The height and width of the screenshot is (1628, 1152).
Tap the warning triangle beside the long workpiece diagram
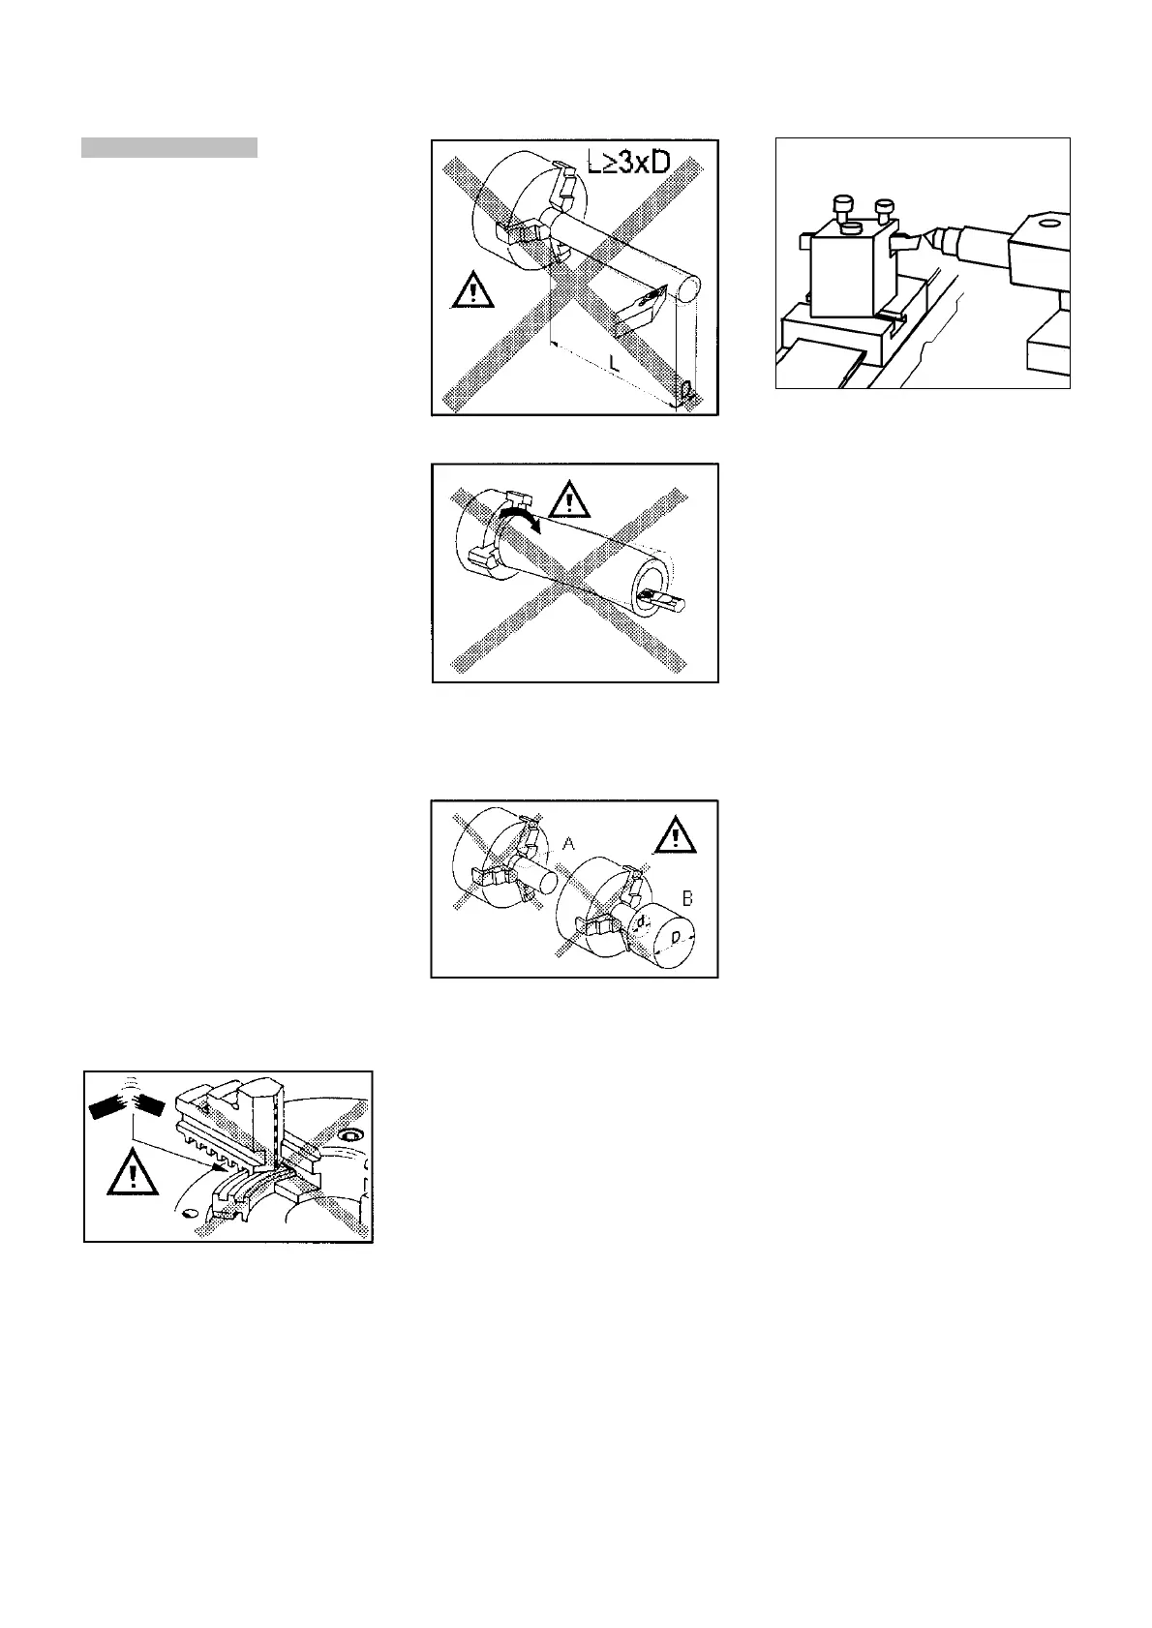472,289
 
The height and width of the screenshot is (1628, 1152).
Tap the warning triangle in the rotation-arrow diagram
570,501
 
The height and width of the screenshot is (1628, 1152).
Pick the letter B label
686,898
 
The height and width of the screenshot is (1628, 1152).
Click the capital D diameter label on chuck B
678,936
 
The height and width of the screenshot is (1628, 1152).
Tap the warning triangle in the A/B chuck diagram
675,834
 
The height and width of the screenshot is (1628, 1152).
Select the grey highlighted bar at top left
168,147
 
